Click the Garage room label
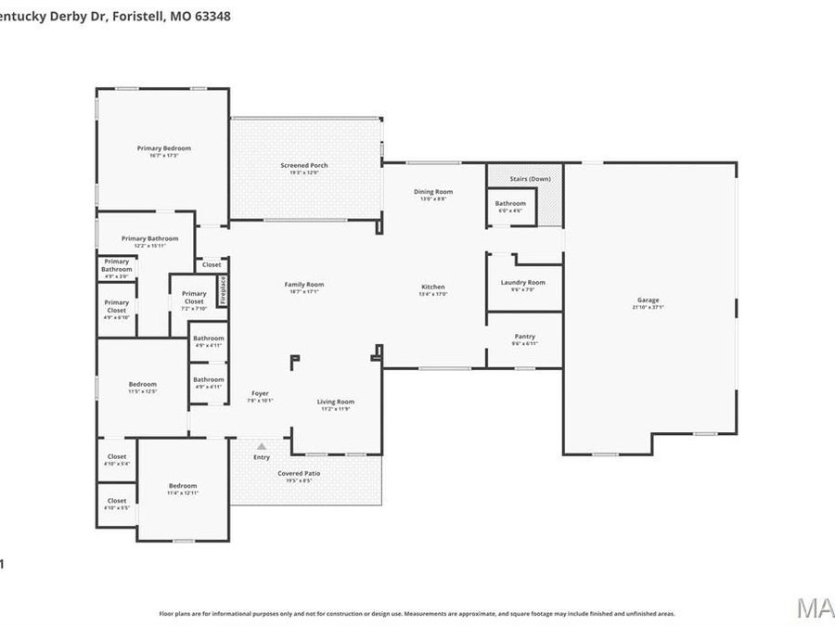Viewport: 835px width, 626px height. [648, 300]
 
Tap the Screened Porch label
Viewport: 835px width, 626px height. [304, 166]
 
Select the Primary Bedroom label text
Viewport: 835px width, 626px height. [163, 148]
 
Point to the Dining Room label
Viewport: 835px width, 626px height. [432, 192]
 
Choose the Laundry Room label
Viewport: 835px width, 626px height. [523, 283]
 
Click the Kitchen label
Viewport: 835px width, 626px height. [433, 287]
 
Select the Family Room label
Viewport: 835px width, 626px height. [303, 285]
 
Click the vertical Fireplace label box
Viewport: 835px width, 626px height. [223, 289]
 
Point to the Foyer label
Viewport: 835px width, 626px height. [260, 394]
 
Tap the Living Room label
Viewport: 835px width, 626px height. [336, 402]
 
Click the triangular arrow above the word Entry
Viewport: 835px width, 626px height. [262, 446]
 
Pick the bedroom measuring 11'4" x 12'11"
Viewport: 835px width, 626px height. [183, 489]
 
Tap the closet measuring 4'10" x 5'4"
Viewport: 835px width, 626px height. [117, 459]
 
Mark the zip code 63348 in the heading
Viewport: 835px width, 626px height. [212, 16]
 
